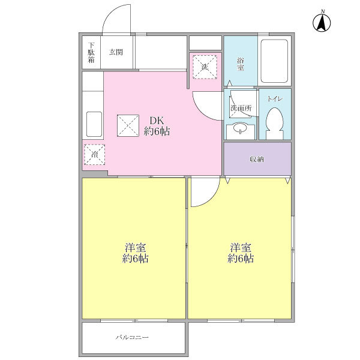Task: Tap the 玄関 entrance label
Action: pyautogui.click(x=116, y=52)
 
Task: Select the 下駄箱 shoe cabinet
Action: pyautogui.click(x=91, y=53)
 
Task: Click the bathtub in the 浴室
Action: pyautogui.click(x=275, y=62)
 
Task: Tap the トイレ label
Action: pyautogui.click(x=275, y=97)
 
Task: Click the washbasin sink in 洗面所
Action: pyautogui.click(x=240, y=127)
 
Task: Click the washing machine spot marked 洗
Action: pyautogui.click(x=204, y=66)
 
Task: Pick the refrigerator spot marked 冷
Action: pyautogui.click(x=95, y=154)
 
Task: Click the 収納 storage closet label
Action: pyautogui.click(x=257, y=160)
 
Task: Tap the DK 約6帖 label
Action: pyautogui.click(x=156, y=125)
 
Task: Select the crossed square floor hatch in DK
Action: pyautogui.click(x=128, y=125)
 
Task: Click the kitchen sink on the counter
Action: pyautogui.click(x=94, y=124)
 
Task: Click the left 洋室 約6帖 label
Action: pyautogui.click(x=136, y=254)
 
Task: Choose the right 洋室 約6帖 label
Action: pyautogui.click(x=240, y=254)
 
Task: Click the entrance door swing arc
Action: pyautogui.click(x=115, y=18)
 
